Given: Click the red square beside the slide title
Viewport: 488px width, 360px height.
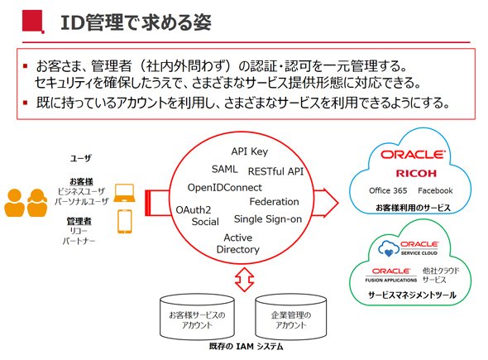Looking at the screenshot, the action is click(33, 22).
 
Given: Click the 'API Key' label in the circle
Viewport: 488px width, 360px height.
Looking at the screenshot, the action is click(249, 151).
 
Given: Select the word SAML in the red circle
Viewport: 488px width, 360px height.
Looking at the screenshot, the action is click(225, 169).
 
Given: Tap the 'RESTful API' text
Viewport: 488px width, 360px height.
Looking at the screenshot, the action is click(275, 171).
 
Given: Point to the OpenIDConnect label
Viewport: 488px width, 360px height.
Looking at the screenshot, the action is click(225, 188).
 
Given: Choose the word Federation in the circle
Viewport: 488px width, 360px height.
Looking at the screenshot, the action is click(274, 201).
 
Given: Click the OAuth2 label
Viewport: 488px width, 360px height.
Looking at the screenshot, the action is click(194, 209).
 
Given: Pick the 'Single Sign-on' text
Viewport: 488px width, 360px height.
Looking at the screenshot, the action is click(268, 219).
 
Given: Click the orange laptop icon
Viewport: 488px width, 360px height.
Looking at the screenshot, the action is click(124, 193).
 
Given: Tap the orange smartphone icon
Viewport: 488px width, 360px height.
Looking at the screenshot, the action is click(125, 222).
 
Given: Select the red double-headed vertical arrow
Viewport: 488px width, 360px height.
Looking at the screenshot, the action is click(244, 279).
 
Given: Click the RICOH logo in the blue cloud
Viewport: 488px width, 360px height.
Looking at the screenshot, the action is click(416, 173).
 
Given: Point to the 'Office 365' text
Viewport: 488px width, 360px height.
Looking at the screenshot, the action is click(388, 190).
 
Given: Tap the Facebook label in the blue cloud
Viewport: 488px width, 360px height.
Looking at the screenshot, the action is click(435, 190).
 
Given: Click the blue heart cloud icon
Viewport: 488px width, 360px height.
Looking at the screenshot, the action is click(389, 248).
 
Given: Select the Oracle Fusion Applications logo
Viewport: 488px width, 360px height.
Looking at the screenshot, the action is click(391, 275).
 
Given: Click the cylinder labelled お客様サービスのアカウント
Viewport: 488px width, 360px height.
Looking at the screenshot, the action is click(197, 317).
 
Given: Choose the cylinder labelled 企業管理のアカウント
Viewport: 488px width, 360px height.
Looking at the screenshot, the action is click(290, 317).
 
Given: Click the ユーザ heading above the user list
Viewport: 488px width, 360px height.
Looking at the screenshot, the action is click(80, 158).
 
